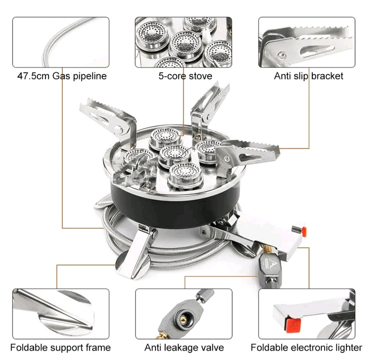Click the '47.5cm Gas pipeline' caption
tap(62, 76)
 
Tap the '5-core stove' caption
tap(183, 76)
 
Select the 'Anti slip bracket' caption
tap(308, 76)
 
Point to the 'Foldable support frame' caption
tap(60, 347)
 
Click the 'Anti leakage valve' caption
tap(184, 347)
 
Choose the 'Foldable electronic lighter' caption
tap(307, 347)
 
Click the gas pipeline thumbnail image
tap(61, 42)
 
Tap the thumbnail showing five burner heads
tap(183, 42)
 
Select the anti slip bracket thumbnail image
tap(307, 42)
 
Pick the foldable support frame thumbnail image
tap(61, 312)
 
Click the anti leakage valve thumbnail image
tap(184, 312)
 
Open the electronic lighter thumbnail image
tap(307, 312)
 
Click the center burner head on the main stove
tap(174, 154)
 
